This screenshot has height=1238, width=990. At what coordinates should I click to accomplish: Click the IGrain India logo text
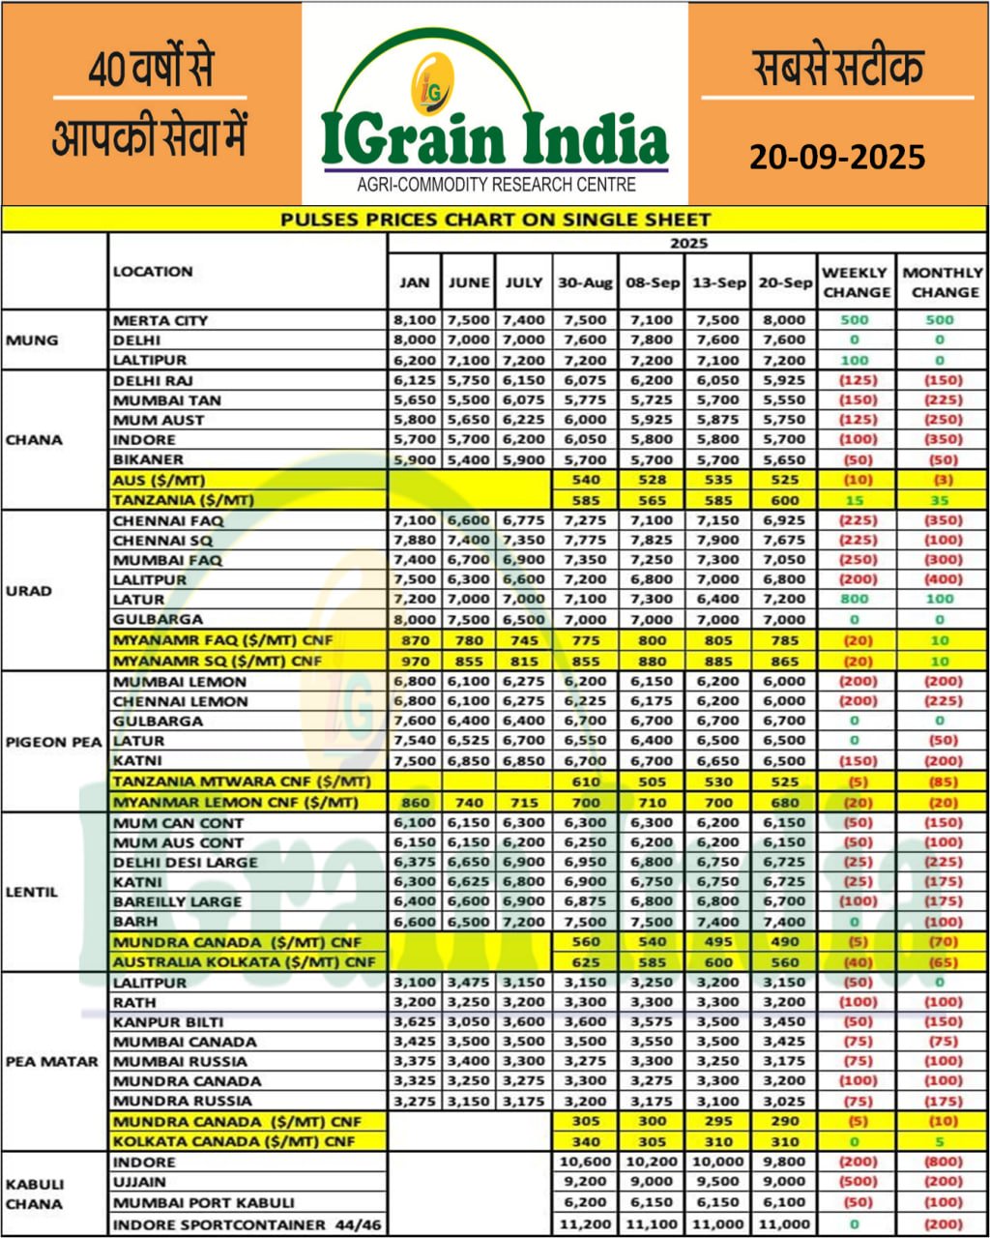pos(494,138)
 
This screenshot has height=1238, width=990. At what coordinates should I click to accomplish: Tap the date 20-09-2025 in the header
pos(837,156)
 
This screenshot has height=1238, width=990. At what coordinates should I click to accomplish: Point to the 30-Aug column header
pos(584,282)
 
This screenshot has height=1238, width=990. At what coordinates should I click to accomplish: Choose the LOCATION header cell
pos(153,272)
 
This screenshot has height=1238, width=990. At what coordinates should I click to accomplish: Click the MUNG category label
pos(32,340)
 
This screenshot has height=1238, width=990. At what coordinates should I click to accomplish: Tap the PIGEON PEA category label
pos(53,742)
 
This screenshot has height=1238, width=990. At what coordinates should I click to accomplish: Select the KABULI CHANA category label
pos(34,1194)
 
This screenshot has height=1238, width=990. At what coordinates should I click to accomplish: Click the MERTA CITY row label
pos(160,320)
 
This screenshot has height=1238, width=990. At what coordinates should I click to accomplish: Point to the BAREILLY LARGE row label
pos(177,901)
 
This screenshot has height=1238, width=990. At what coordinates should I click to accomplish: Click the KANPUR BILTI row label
pos(168,1021)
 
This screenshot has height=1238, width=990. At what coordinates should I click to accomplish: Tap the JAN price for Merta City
pos(414,320)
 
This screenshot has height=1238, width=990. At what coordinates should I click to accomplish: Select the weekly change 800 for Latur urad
pos(855,600)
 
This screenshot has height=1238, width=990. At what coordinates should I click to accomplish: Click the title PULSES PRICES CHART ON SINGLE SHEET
pos(495,220)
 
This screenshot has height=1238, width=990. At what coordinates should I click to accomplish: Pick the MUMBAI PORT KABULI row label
pos(204,1203)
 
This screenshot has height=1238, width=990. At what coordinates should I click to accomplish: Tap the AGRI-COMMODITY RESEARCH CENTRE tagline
pos(496,184)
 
